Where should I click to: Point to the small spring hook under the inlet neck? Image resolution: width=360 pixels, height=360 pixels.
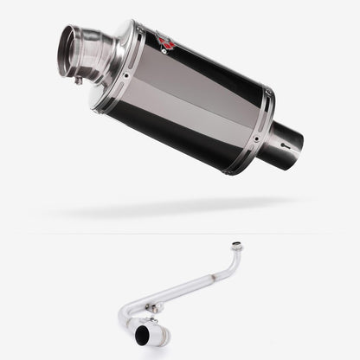[78, 80]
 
